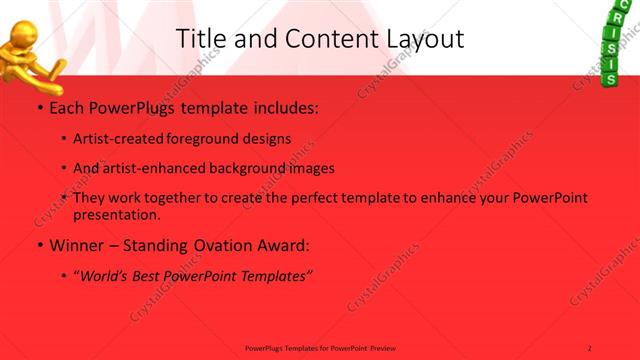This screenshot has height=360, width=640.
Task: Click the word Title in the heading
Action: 198,39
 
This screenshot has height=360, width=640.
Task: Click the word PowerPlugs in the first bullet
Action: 135,105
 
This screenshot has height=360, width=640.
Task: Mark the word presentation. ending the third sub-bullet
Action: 117,214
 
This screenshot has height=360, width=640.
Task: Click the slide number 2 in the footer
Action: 590,347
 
